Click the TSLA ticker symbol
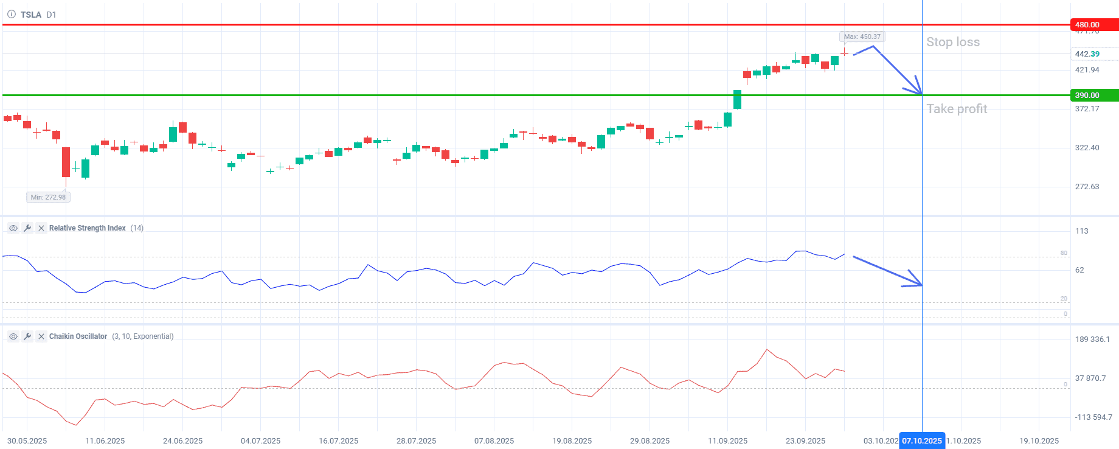(x=31, y=15)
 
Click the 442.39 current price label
(x=1087, y=54)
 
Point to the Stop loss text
(x=952, y=42)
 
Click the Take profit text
(x=957, y=109)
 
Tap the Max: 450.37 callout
(x=862, y=37)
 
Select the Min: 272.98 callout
(x=48, y=197)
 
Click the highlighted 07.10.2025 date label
(x=921, y=441)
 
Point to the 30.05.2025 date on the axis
(x=27, y=441)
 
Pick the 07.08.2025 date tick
(x=494, y=441)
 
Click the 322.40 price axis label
(x=1087, y=148)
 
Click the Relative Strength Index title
(x=88, y=228)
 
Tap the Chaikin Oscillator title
(x=78, y=336)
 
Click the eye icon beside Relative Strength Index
(x=13, y=228)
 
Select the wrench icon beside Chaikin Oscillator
(x=27, y=336)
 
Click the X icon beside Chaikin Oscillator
(x=41, y=336)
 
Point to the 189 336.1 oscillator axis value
(x=1092, y=339)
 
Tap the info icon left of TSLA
(x=12, y=15)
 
